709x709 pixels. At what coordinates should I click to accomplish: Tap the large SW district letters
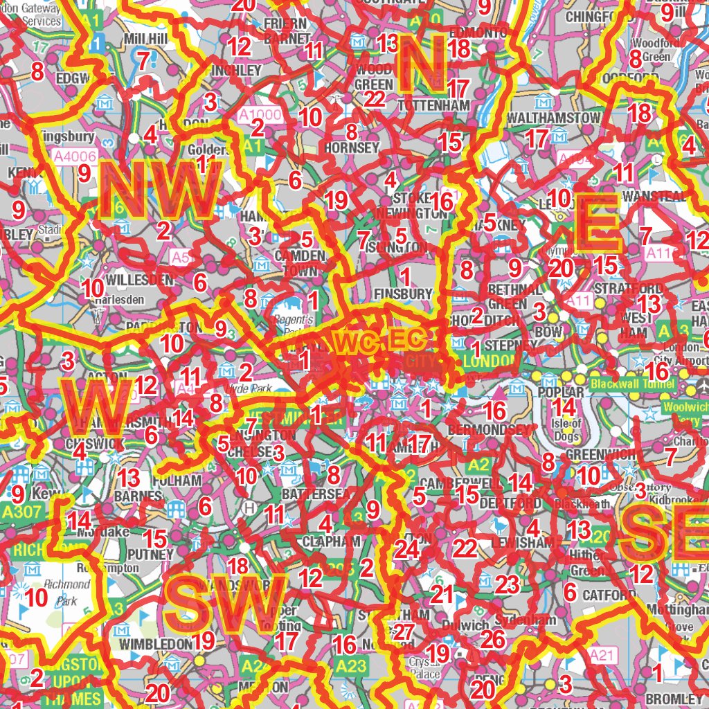click(x=227, y=601)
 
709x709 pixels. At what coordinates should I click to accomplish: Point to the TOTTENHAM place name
click(x=434, y=105)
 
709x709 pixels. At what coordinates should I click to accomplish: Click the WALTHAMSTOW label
click(x=553, y=118)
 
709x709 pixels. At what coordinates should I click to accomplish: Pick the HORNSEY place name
click(x=352, y=147)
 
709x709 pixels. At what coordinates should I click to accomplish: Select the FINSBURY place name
click(x=403, y=294)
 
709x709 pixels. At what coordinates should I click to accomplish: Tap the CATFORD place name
click(x=609, y=595)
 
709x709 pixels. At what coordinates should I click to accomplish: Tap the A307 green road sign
click(x=17, y=512)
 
